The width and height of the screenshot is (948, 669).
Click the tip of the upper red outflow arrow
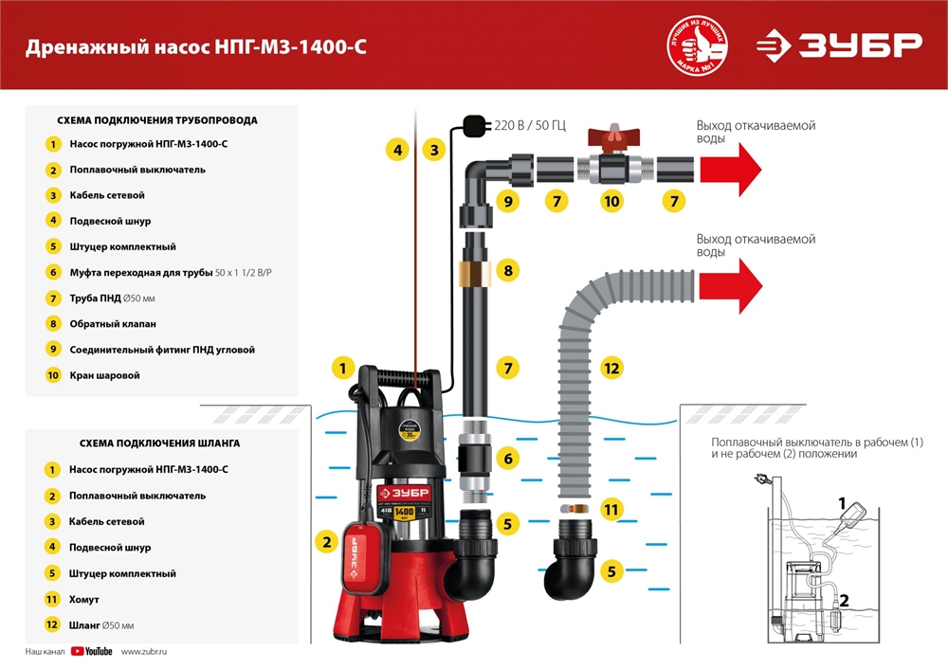[x=761, y=170]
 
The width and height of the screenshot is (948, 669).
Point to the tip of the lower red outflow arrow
[x=762, y=286]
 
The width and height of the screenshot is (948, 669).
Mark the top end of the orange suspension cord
[x=416, y=110]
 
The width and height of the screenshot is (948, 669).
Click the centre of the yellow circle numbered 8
[x=508, y=270]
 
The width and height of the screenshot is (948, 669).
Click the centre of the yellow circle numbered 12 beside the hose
[x=611, y=368]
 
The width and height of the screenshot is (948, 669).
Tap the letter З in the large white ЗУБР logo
[x=811, y=45]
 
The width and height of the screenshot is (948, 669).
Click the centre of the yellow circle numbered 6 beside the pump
[x=508, y=458]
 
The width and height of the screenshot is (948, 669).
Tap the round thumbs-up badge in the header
[x=697, y=45]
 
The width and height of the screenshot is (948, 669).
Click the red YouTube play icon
[x=78, y=651]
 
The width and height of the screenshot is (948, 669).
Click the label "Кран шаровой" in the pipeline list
[x=104, y=375]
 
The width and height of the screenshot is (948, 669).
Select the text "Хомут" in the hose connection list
[x=84, y=600]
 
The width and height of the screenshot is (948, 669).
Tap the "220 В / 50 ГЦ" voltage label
[x=530, y=126]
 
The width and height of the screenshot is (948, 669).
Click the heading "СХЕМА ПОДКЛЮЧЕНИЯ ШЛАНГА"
[x=159, y=443]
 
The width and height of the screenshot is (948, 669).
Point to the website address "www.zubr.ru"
[x=144, y=652]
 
